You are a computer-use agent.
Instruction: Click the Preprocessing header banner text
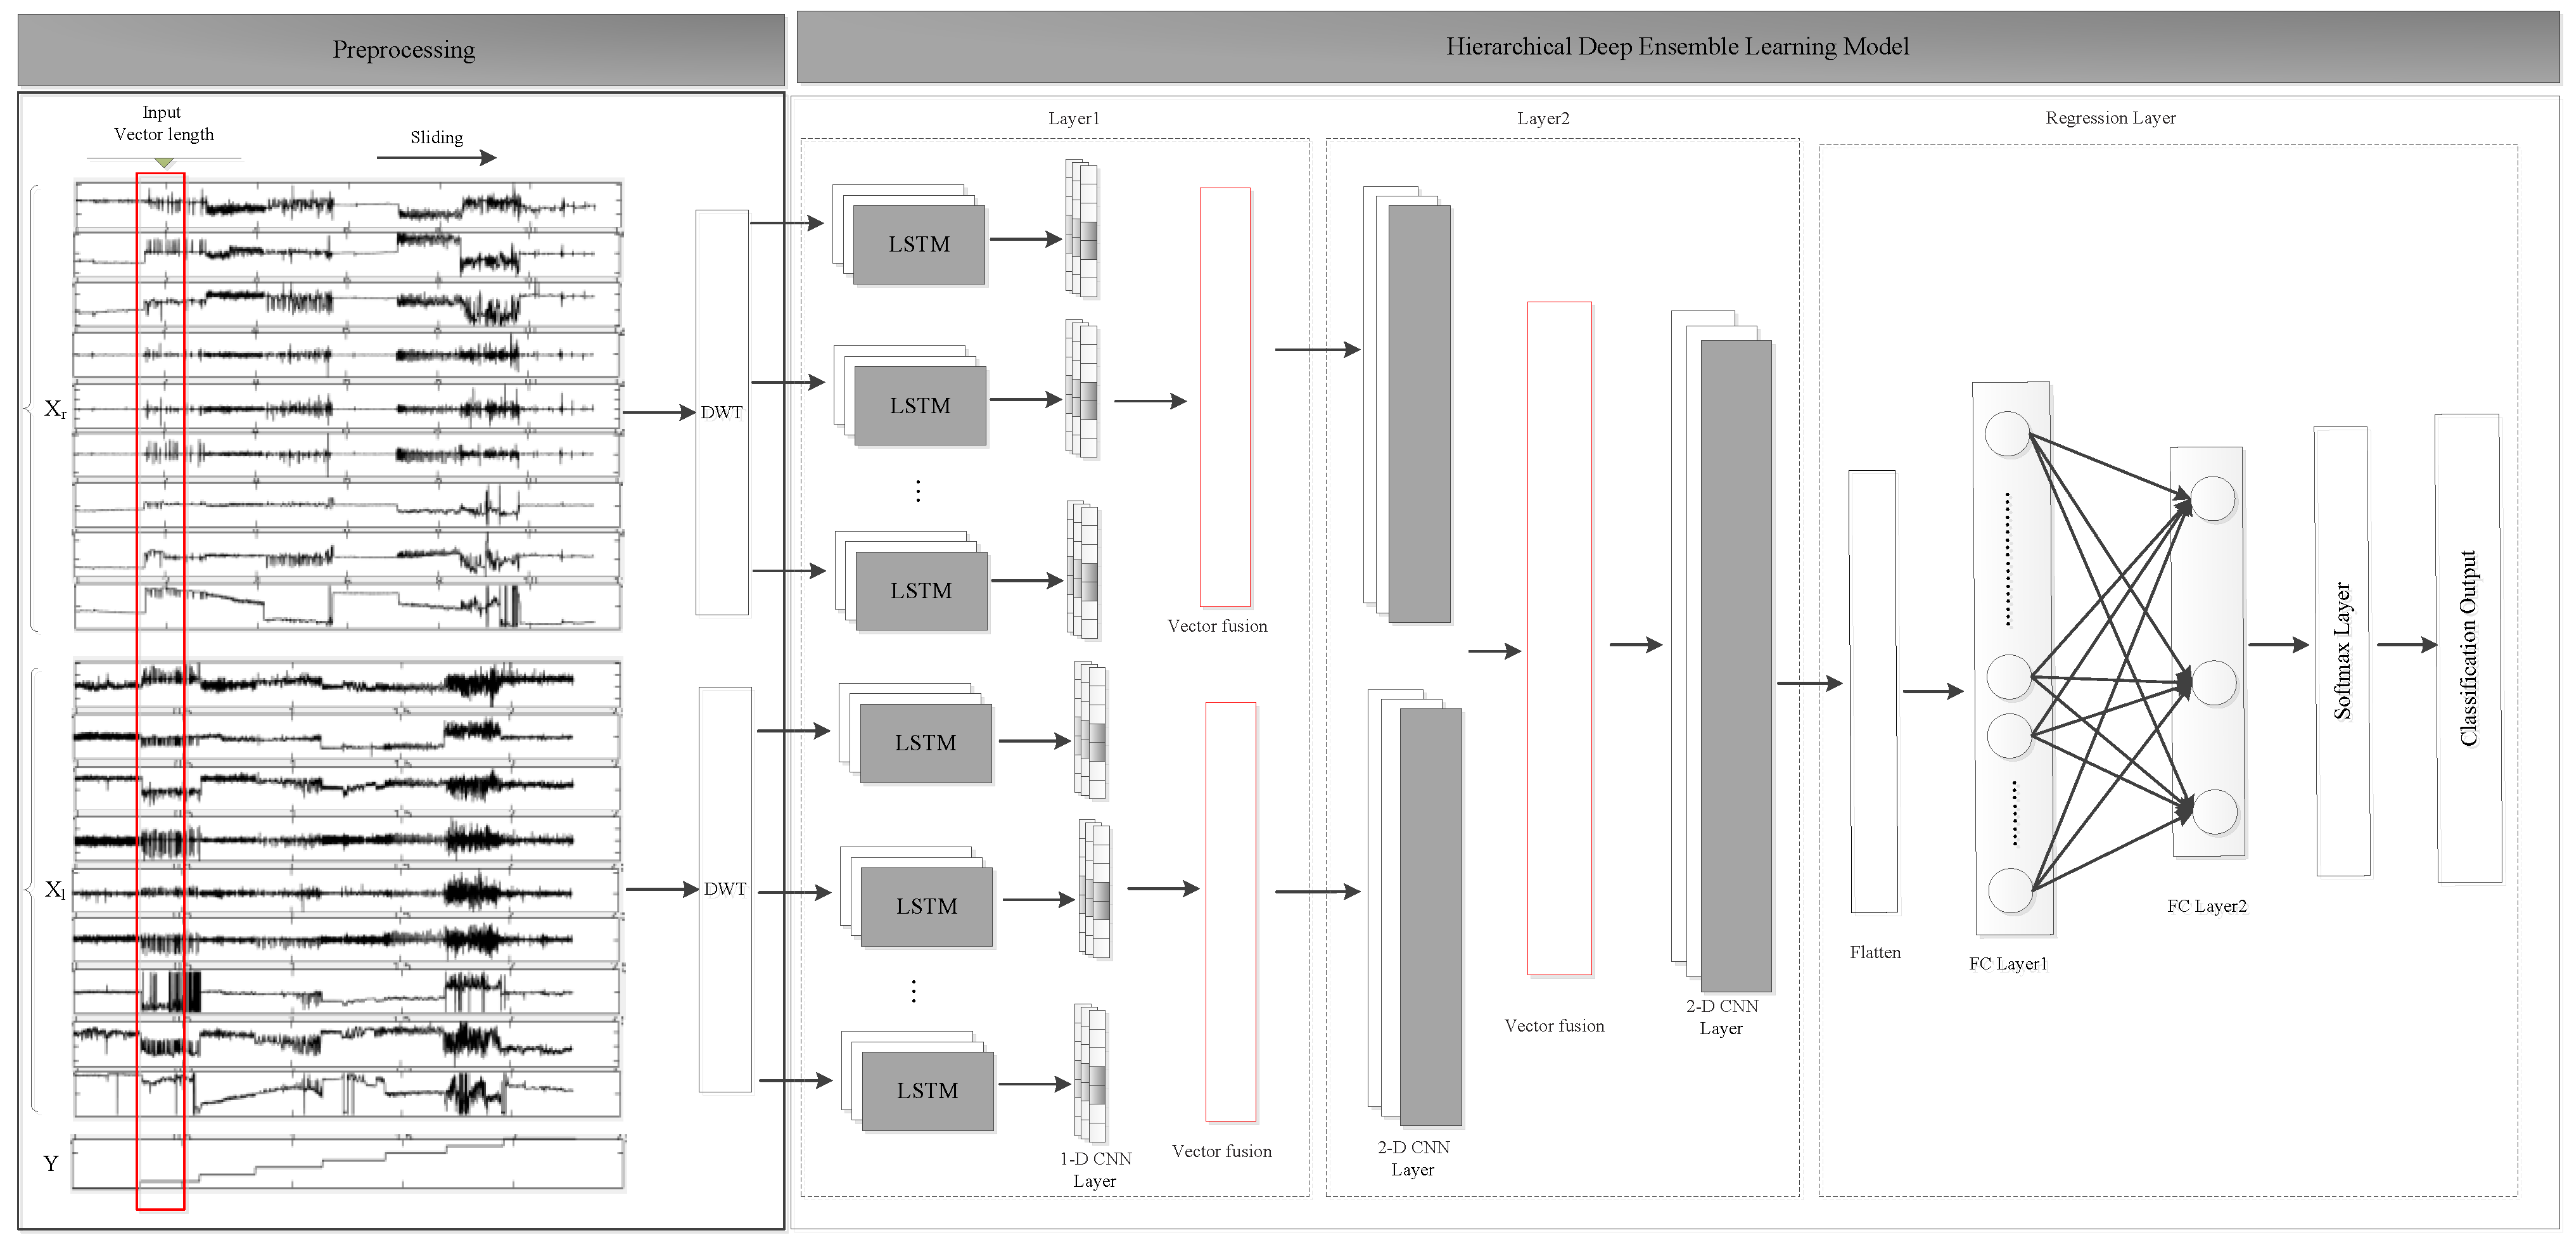click(x=403, y=50)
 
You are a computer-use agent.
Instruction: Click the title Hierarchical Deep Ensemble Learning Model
click(x=1677, y=47)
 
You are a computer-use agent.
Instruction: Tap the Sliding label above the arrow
click(x=436, y=138)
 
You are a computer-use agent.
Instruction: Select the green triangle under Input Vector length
click(x=164, y=162)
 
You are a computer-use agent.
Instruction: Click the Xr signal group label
click(x=55, y=409)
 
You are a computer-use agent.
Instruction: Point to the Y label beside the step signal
click(x=51, y=1163)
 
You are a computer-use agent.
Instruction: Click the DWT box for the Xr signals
click(x=722, y=412)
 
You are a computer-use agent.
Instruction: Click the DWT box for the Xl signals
click(x=725, y=888)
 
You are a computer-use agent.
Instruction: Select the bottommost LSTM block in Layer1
click(x=927, y=1090)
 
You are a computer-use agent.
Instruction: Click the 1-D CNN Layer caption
click(x=1095, y=1169)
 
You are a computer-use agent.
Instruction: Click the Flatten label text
click(x=1875, y=952)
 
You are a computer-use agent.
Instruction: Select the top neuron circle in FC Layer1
click(x=2006, y=433)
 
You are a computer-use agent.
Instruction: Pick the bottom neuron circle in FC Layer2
click(x=2214, y=811)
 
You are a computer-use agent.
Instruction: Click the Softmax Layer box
click(x=2341, y=651)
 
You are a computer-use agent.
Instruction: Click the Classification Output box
click(x=2468, y=648)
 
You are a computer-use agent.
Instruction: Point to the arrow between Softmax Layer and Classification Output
click(x=2406, y=644)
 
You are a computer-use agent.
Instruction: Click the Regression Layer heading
click(x=2110, y=118)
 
